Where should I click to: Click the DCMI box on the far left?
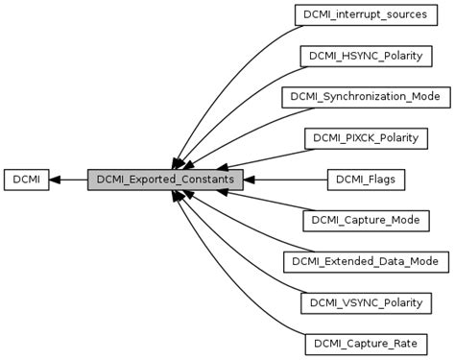[26, 179]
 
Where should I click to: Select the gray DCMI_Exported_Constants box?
[165, 179]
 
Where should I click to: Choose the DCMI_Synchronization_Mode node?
[361, 97]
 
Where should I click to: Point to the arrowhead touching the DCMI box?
[56, 179]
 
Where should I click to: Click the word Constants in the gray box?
[209, 179]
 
